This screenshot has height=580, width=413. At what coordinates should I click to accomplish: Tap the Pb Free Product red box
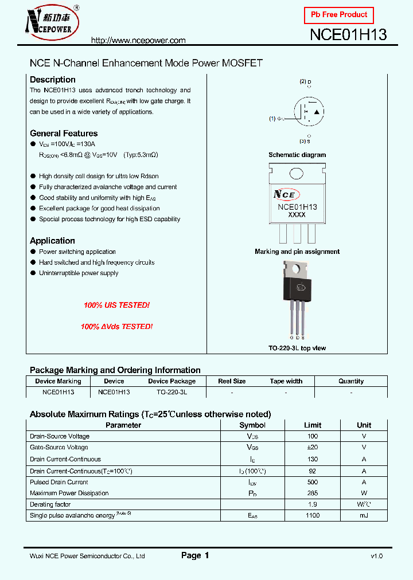pyautogui.click(x=338, y=15)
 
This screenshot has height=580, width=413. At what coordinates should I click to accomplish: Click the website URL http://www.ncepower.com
pyautogui.click(x=139, y=41)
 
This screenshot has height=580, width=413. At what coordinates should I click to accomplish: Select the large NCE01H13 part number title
pyautogui.click(x=348, y=34)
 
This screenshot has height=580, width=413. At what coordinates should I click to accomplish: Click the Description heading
pyautogui.click(x=52, y=80)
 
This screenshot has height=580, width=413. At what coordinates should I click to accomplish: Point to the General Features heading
pyautogui.click(x=64, y=134)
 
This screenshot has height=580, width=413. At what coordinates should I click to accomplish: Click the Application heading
pyautogui.click(x=52, y=241)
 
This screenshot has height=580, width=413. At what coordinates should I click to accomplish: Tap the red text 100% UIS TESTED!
pyautogui.click(x=116, y=305)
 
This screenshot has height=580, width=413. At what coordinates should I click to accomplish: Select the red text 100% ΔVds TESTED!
pyautogui.click(x=116, y=326)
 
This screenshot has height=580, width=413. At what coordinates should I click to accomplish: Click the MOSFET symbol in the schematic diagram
pyautogui.click(x=309, y=111)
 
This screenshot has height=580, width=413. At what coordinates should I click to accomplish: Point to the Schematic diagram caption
pyautogui.click(x=297, y=155)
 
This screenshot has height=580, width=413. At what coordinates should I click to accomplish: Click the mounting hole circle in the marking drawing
pyautogui.click(x=297, y=174)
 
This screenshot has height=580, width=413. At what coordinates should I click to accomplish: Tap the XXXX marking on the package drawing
pyautogui.click(x=297, y=215)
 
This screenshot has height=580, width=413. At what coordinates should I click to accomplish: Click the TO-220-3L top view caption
pyautogui.click(x=297, y=348)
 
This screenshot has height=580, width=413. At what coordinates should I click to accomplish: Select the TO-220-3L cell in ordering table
pyautogui.click(x=172, y=393)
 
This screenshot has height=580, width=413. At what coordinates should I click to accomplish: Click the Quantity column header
pyautogui.click(x=350, y=381)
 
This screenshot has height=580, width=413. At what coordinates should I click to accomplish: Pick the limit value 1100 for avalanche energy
pyautogui.click(x=313, y=516)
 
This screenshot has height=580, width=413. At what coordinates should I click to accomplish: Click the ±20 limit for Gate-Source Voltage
pyautogui.click(x=313, y=448)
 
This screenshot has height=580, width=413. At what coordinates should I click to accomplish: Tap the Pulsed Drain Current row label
pyautogui.click(x=59, y=482)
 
